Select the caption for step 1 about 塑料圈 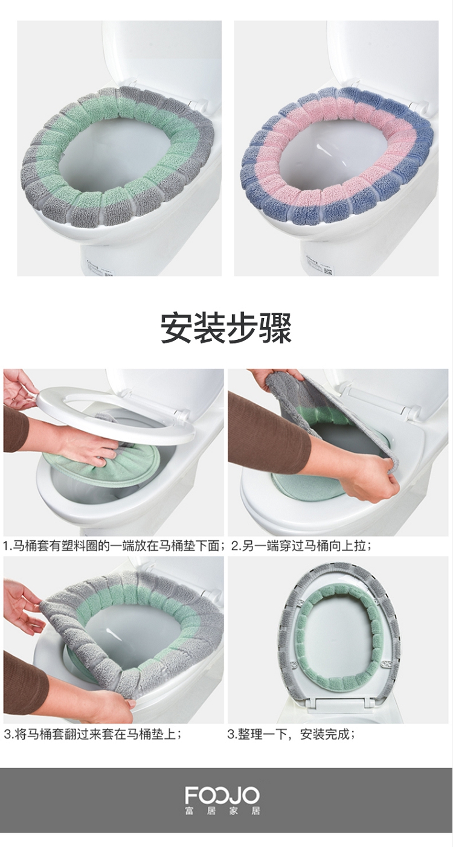point(115,546)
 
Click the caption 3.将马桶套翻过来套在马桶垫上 point(93,734)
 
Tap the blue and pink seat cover point(338,155)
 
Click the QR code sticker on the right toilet point(329,270)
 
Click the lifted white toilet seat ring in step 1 point(114,414)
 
